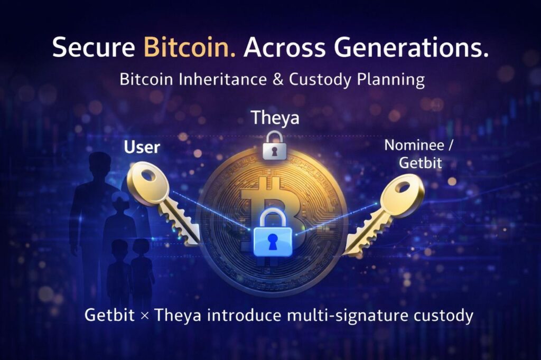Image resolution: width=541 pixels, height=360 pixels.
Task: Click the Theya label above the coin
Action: pyautogui.click(x=275, y=118)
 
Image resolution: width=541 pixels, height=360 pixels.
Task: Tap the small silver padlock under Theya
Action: pyautogui.click(x=274, y=146)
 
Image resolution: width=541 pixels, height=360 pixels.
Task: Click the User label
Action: pyautogui.click(x=141, y=147)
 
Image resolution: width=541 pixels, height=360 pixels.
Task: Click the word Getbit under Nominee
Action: pyautogui.click(x=420, y=163)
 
